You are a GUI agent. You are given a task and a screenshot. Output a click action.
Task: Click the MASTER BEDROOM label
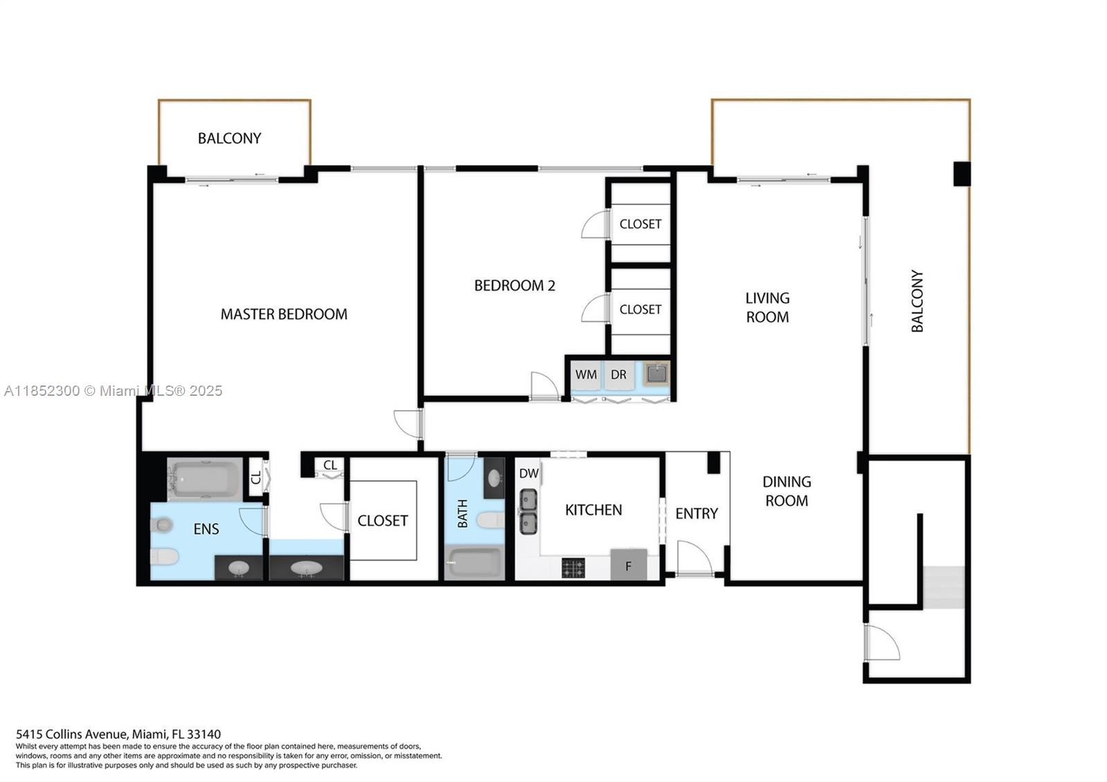[284, 314]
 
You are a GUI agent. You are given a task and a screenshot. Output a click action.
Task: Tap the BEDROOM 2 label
[515, 286]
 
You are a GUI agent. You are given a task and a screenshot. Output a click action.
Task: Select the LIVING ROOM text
[767, 307]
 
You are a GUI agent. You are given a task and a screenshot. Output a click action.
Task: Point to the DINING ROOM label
[787, 491]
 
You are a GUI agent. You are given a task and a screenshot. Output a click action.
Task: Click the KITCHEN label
[594, 510]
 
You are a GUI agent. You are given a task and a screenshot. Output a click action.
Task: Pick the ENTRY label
[696, 513]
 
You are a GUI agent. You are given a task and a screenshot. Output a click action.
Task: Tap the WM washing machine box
[586, 375]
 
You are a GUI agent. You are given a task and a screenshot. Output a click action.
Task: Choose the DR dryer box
[619, 375]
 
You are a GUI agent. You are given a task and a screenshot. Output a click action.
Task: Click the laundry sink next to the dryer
[657, 374]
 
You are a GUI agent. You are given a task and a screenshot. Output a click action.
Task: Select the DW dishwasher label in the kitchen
[529, 473]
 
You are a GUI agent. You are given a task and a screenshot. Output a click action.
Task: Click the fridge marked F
[629, 564]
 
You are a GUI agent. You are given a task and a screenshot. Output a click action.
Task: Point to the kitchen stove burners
[574, 568]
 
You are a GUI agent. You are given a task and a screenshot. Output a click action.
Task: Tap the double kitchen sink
[529, 511]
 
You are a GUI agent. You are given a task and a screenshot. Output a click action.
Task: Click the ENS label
[206, 529]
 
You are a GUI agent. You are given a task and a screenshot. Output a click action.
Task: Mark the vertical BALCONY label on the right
[917, 301]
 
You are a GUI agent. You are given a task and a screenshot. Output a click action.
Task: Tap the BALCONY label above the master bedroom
[229, 138]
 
